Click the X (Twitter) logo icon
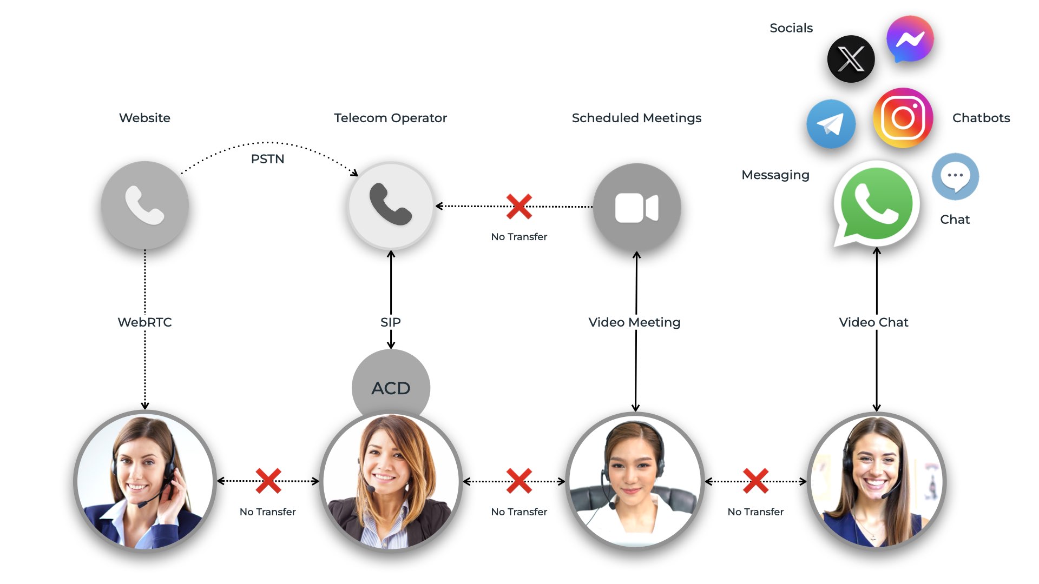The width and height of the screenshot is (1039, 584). (x=851, y=59)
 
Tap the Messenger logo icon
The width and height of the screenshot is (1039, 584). (x=910, y=39)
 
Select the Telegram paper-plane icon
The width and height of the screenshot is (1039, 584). (x=831, y=124)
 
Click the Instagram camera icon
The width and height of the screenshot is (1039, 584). (x=903, y=117)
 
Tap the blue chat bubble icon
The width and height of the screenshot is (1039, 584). (x=955, y=176)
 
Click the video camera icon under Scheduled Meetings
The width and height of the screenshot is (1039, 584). (x=636, y=207)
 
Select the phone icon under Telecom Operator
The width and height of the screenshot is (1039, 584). (x=391, y=205)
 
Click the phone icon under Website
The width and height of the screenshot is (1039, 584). (x=144, y=205)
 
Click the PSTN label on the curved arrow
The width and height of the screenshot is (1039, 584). (x=267, y=159)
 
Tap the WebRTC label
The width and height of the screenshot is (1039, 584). (x=144, y=322)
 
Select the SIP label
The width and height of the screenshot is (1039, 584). (x=391, y=322)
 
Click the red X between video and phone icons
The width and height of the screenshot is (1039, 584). (x=519, y=206)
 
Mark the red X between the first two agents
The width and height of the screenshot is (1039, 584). (x=268, y=481)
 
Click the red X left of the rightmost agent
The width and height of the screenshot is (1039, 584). (x=755, y=481)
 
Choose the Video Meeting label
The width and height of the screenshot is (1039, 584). (x=634, y=322)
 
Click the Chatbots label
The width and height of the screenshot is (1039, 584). (x=981, y=118)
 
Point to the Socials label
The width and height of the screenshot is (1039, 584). (x=791, y=28)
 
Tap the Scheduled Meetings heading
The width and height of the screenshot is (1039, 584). (x=636, y=118)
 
